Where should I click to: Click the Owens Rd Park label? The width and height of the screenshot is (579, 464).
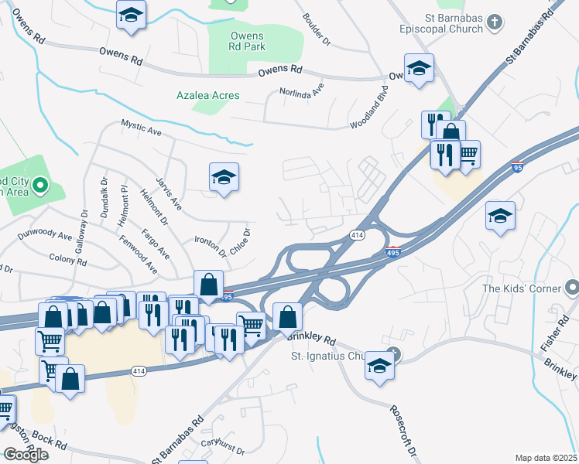tap(248, 41)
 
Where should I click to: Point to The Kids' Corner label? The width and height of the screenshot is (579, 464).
tap(519, 288)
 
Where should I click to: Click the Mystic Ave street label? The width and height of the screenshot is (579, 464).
tap(141, 128)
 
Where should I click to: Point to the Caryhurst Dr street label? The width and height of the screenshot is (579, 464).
tap(223, 447)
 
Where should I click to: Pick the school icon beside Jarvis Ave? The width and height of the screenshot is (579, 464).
tap(224, 178)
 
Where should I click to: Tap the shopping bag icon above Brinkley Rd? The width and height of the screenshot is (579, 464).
tap(287, 316)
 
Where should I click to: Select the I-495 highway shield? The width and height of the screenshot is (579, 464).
tap(393, 253)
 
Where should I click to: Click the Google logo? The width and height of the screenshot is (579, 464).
tap(26, 455)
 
